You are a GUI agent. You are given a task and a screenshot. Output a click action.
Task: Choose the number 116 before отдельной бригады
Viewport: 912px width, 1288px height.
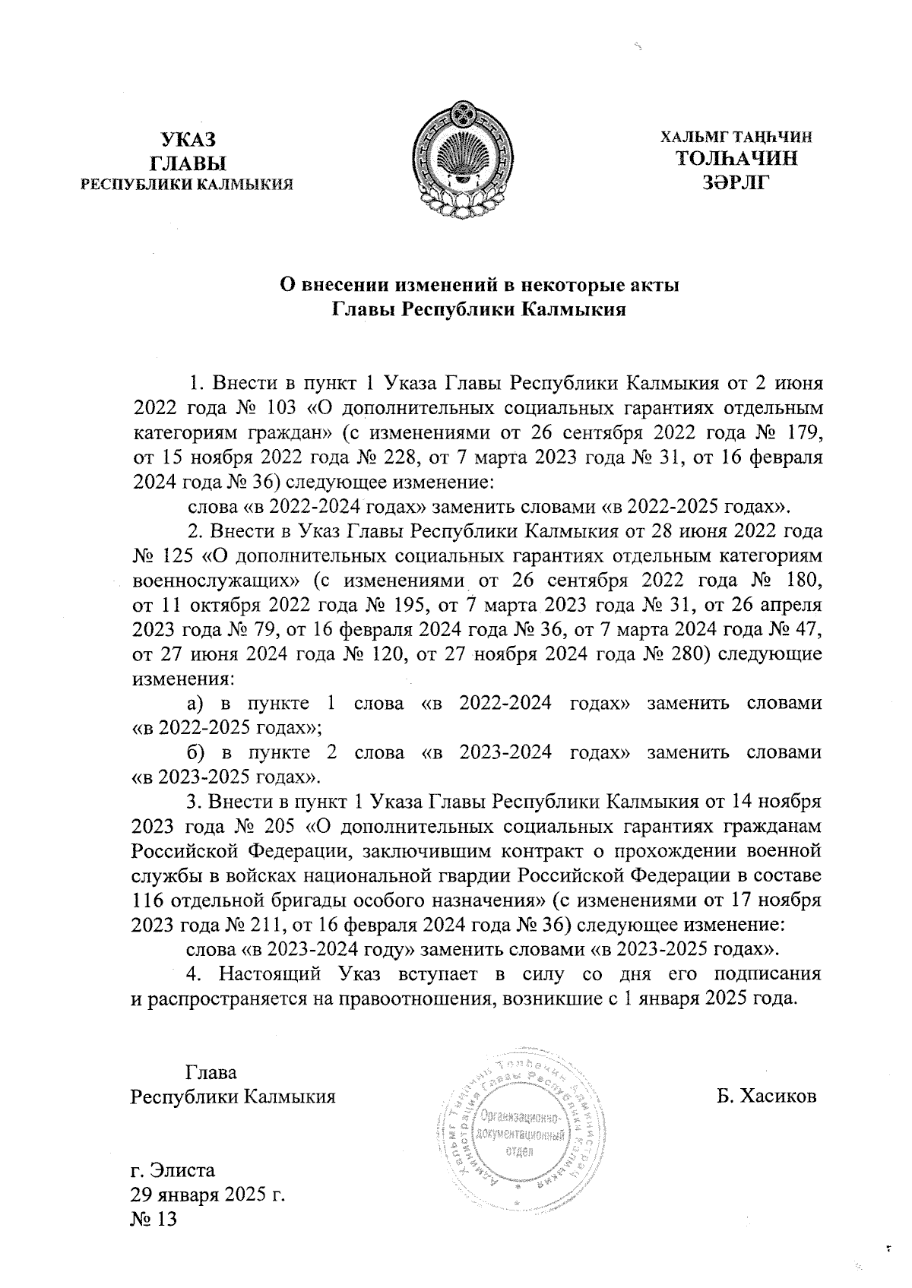(x=147, y=901)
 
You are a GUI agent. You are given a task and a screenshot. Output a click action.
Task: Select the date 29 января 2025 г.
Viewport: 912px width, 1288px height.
(x=207, y=1195)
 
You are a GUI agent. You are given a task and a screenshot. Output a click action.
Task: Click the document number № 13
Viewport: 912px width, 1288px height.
(x=154, y=1219)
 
